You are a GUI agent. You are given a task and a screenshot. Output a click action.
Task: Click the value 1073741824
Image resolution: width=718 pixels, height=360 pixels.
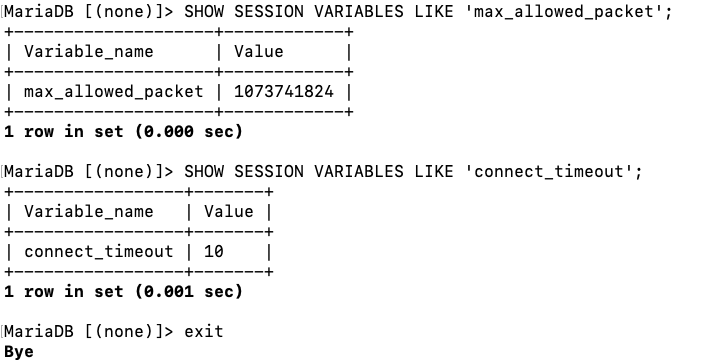[284, 92]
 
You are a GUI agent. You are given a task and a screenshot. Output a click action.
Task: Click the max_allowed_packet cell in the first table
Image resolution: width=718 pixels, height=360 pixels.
[114, 92]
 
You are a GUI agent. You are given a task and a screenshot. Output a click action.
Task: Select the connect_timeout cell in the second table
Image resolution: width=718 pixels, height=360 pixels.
[99, 251]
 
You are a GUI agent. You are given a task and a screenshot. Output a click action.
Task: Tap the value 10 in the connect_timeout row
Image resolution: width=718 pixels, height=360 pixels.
[214, 251]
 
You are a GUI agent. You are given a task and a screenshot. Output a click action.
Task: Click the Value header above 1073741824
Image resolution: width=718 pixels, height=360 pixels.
[259, 51]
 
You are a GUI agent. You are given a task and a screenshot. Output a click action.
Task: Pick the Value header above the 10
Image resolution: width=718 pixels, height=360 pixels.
[228, 211]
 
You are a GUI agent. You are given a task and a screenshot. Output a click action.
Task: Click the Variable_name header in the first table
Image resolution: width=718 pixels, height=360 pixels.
[89, 52]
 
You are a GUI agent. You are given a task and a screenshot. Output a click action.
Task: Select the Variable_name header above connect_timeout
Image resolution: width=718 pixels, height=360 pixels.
[89, 212]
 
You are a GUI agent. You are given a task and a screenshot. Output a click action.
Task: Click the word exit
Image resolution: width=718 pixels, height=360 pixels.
[204, 331]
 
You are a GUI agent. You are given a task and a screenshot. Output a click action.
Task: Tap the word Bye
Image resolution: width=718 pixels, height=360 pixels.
[19, 352]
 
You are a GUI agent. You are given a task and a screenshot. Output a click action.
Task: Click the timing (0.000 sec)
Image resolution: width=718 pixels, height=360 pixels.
[189, 132]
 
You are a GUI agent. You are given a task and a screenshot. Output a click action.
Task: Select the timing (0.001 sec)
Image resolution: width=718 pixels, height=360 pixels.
[189, 292]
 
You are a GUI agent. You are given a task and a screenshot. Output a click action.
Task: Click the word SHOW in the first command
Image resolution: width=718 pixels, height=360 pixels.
[204, 11]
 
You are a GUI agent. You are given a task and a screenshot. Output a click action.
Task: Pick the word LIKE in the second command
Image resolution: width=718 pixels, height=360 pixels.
[434, 171]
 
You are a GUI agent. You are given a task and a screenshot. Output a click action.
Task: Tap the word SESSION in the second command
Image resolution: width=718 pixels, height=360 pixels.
[269, 171]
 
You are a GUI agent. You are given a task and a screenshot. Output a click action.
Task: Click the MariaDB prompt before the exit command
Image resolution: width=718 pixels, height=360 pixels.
[88, 331]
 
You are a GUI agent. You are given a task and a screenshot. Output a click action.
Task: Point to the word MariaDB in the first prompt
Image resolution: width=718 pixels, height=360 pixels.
[39, 11]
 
